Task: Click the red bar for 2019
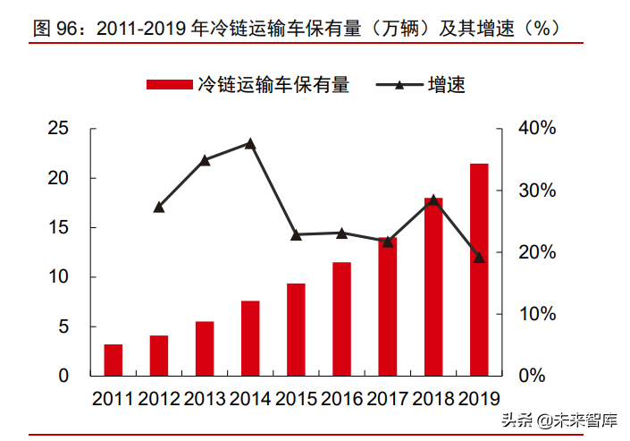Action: [479, 269]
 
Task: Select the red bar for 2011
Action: [113, 360]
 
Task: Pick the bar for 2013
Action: [205, 348]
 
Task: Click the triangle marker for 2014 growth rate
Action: [250, 143]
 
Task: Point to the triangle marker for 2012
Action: [159, 207]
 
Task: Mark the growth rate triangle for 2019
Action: [479, 257]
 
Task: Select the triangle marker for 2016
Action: [341, 233]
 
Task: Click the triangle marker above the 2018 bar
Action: [433, 199]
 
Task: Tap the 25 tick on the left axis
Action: [58, 129]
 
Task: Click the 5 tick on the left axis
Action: [63, 327]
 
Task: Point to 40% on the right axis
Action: [538, 129]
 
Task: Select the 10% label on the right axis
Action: [538, 314]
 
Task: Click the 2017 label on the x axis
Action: [387, 399]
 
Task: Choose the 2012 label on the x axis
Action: [159, 399]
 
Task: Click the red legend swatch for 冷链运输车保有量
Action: [169, 85]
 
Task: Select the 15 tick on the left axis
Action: [58, 228]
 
